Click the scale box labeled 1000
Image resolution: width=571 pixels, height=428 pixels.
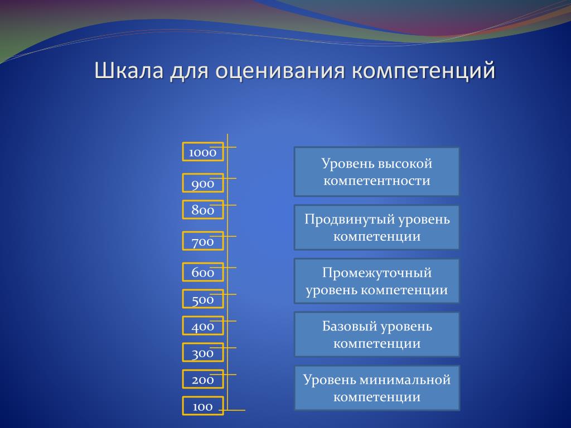203,152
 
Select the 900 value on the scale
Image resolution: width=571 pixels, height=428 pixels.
203,183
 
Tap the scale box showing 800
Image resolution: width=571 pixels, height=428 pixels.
203,210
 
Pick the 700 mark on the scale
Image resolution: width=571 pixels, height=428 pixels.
203,241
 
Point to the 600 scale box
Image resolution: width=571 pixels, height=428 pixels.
203,272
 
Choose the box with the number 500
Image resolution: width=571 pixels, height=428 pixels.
203,299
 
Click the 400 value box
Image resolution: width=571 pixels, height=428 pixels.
203,325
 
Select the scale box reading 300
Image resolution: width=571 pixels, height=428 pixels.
203,352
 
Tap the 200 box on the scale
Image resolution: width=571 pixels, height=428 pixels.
203,379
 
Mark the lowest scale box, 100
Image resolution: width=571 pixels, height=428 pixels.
203,406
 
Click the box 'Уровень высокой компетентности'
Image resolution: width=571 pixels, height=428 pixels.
376,172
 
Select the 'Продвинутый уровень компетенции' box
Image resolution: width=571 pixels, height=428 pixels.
376,227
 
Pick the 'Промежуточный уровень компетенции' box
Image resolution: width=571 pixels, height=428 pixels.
376,281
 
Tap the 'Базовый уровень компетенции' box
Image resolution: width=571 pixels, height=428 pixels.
377,334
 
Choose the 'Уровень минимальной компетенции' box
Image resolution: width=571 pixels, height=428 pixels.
377,388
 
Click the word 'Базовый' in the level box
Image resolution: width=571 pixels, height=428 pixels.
347,326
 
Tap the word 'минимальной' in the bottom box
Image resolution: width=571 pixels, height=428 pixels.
405,380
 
